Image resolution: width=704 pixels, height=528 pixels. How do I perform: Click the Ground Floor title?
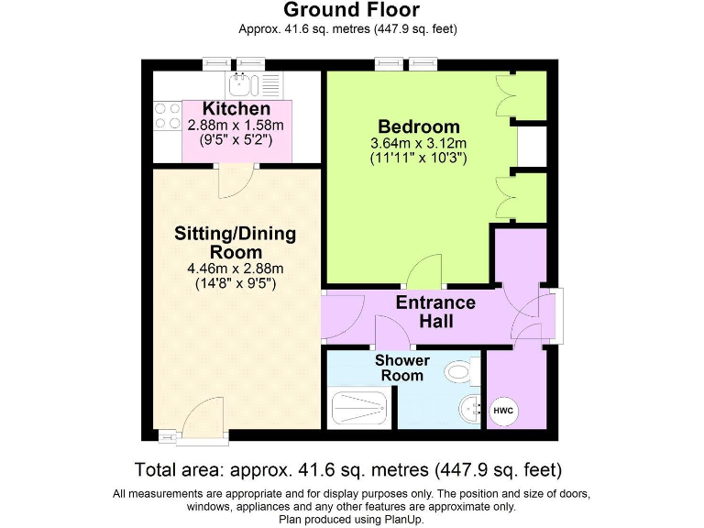[x=351, y=11]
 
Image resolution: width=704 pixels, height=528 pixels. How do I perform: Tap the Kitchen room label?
[x=236, y=109]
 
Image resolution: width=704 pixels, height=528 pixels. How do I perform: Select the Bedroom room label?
[x=418, y=126]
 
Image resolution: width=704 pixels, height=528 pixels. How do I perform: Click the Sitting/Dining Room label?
[x=236, y=242]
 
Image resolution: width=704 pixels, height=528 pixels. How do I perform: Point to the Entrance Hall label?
[x=435, y=312]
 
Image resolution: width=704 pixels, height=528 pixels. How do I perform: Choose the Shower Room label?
[x=402, y=368]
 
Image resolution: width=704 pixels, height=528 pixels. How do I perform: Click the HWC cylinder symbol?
[x=504, y=411]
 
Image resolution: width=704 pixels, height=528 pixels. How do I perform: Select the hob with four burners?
[x=167, y=115]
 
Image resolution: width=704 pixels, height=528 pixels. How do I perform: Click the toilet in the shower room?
[x=458, y=372]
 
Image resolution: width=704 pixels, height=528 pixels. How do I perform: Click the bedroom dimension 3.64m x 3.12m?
[x=418, y=143]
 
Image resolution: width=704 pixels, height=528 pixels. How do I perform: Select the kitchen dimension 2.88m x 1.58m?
[x=236, y=126]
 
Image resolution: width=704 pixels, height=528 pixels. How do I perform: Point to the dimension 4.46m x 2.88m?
[x=236, y=269]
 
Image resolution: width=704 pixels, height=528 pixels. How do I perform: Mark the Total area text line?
[x=347, y=470]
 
